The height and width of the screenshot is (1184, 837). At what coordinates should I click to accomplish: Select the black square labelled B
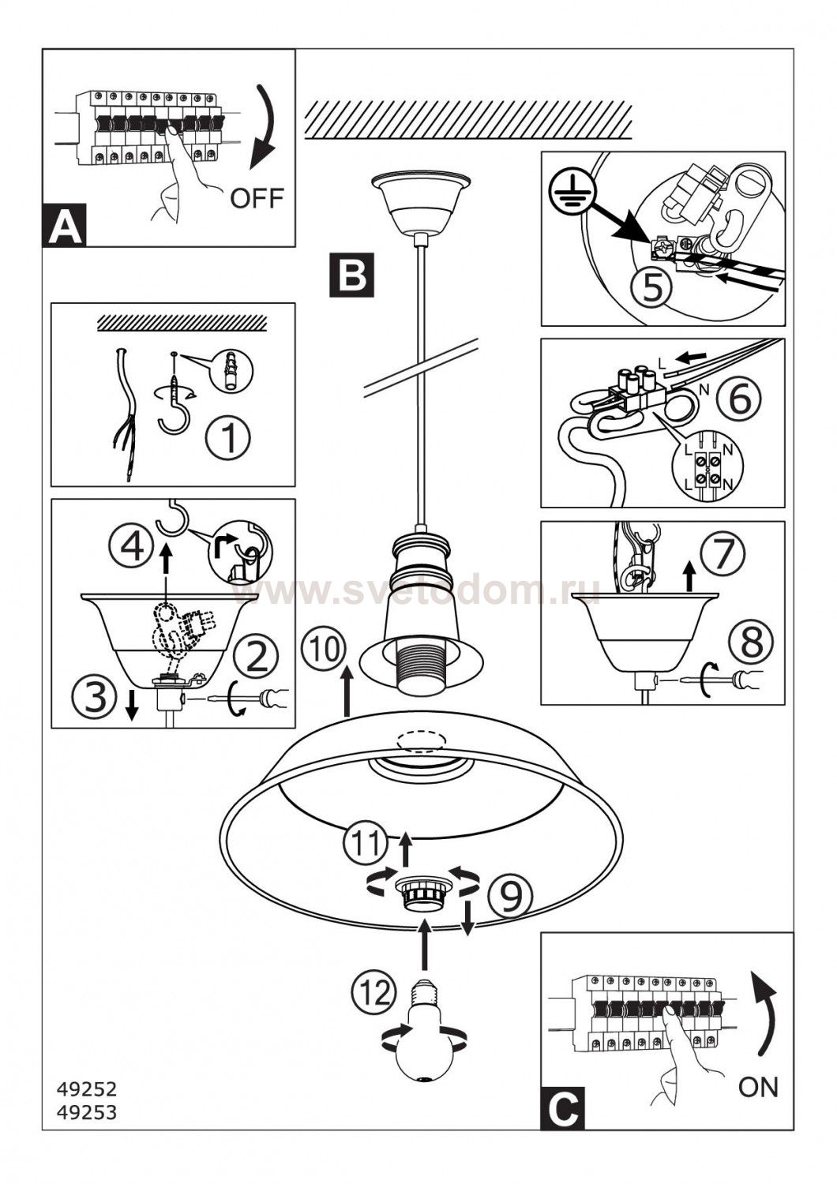351,274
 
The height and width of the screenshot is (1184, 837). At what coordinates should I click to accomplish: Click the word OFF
257,197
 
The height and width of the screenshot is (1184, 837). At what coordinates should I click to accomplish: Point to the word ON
758,1087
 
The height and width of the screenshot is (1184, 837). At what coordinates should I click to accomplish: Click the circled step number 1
229,437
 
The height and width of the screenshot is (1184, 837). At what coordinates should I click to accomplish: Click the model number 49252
87,1089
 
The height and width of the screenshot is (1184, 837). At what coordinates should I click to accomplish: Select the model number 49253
87,1112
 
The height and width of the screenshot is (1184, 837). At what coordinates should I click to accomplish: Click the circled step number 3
95,697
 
